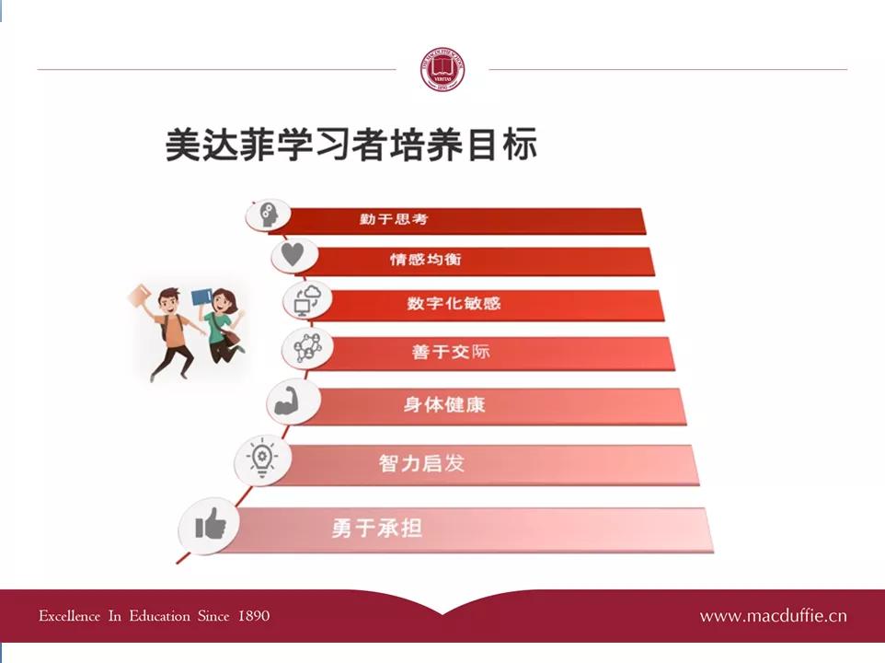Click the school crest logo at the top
(x=443, y=70)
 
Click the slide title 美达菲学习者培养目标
(x=351, y=145)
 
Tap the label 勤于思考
(x=394, y=219)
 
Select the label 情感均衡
(x=425, y=260)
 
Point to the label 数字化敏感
(x=454, y=303)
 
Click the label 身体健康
(x=443, y=404)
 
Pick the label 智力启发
(x=421, y=462)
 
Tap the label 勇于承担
(x=377, y=529)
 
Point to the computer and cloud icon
(x=307, y=301)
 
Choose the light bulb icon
(x=261, y=458)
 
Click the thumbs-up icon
(x=211, y=526)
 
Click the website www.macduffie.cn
(x=773, y=616)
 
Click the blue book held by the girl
(x=201, y=297)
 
